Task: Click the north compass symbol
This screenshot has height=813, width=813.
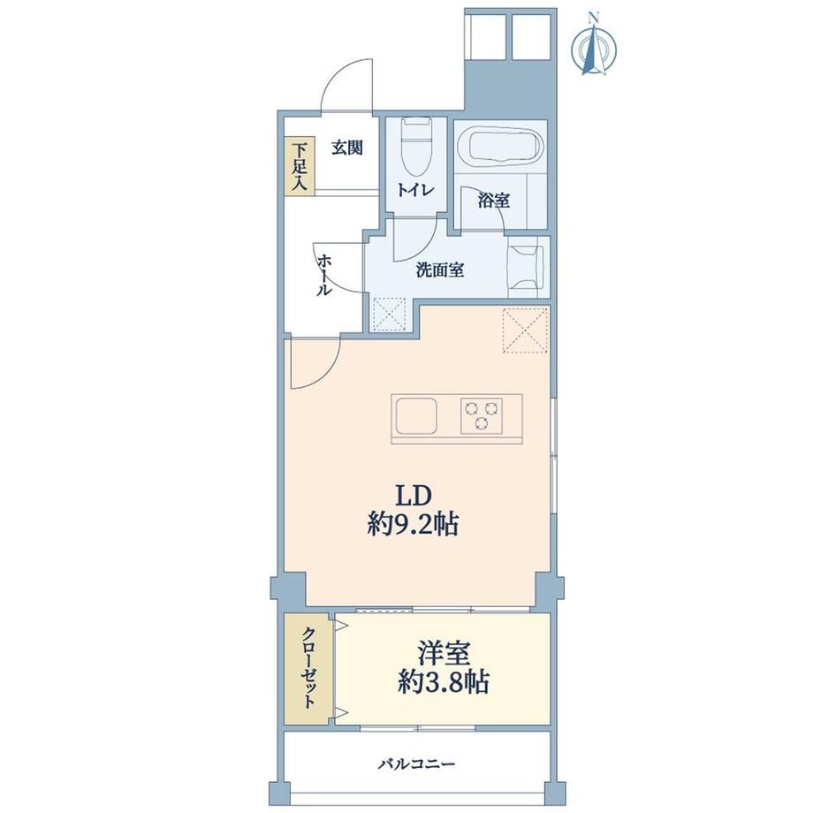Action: [594, 47]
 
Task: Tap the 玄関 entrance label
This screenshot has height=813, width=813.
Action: [347, 148]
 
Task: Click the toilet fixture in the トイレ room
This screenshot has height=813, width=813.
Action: [417, 148]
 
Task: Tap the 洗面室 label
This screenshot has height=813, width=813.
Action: [440, 270]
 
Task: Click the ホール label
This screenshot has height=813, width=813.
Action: [324, 275]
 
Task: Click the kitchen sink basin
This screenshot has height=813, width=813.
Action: [416, 416]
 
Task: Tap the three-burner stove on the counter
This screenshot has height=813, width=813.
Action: [482, 414]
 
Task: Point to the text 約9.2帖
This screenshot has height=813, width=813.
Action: [413, 525]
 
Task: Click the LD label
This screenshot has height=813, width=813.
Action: [414, 497]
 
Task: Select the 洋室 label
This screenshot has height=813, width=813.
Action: [444, 654]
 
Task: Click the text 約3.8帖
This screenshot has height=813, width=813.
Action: [444, 682]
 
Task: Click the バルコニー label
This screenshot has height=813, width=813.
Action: [417, 764]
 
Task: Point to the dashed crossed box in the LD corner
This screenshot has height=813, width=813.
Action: [525, 331]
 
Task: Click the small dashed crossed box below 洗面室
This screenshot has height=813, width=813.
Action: [390, 314]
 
